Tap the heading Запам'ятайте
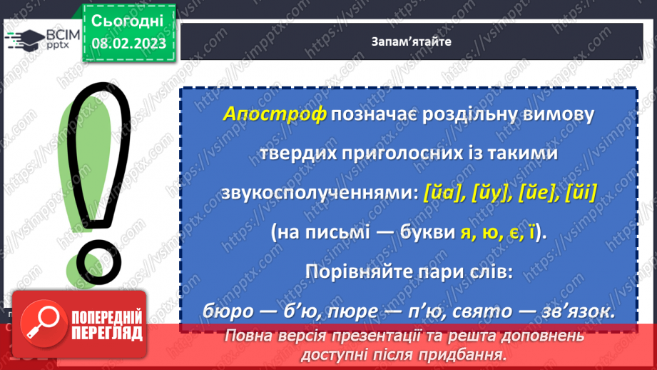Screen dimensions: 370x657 411,41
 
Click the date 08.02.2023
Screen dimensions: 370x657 128,44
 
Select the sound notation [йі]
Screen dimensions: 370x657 579,191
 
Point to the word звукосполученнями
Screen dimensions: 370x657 319,191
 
